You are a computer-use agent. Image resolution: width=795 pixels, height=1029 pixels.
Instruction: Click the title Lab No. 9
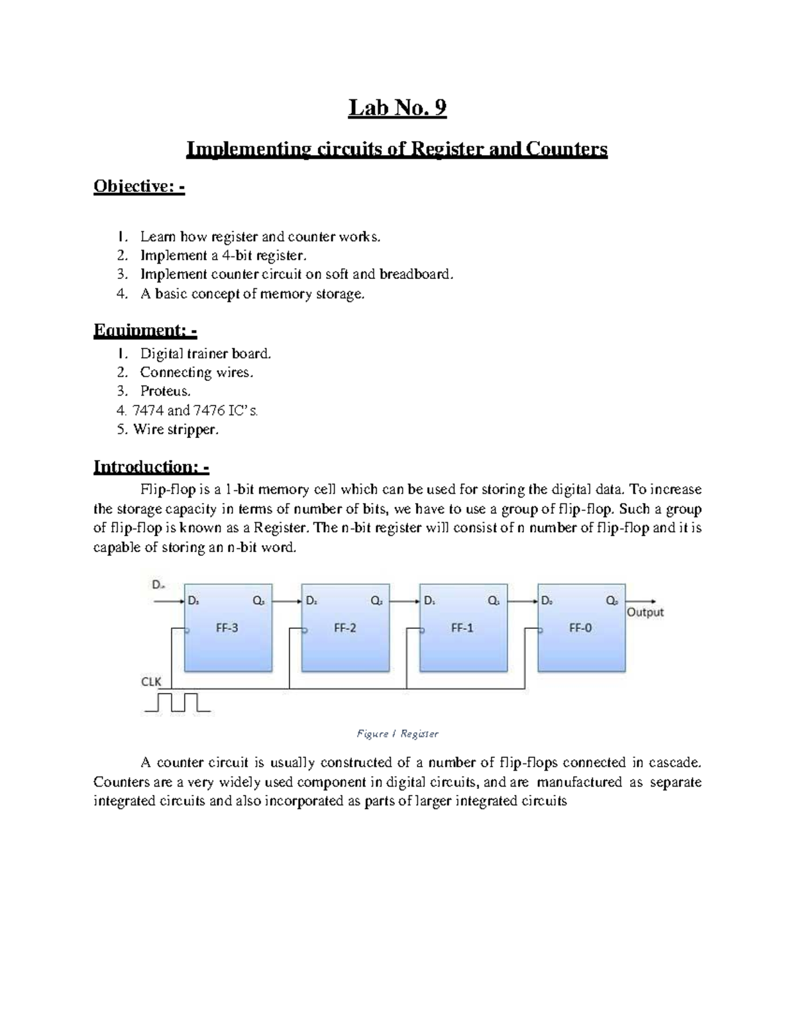397,107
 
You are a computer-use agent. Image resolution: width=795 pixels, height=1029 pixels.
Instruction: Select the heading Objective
138,187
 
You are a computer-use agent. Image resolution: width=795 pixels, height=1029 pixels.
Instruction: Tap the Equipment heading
145,330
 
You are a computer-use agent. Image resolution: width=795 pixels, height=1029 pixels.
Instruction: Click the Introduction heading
151,466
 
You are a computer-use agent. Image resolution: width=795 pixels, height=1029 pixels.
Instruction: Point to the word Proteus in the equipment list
165,391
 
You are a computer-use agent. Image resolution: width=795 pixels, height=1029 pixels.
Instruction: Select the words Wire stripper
176,429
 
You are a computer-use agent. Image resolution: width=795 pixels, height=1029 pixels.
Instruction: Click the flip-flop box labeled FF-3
227,628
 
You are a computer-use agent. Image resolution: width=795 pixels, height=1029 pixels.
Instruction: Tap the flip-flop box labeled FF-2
345,628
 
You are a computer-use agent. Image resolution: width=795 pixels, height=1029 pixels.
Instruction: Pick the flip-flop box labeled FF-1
462,628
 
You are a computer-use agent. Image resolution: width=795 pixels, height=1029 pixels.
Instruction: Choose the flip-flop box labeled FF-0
580,628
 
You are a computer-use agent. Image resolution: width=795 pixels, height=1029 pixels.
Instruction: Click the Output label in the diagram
645,612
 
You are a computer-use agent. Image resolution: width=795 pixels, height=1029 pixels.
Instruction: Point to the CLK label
151,681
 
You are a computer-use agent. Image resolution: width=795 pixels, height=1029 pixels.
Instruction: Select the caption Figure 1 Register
397,733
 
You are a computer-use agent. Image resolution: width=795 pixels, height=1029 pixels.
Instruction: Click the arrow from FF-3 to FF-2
287,601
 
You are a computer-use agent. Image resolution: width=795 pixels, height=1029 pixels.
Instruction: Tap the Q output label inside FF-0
612,601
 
